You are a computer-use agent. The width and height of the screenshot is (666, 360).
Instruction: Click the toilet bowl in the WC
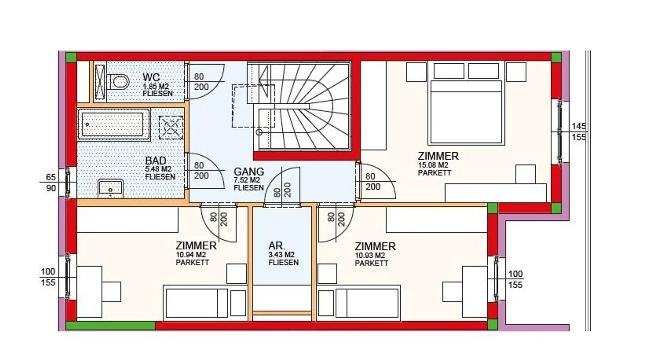[x=119, y=82]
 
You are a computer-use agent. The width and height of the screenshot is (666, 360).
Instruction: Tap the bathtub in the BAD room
[x=114, y=124]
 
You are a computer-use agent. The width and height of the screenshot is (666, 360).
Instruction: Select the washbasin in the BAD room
[x=110, y=188]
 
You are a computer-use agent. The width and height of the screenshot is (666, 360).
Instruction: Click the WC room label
[x=151, y=77]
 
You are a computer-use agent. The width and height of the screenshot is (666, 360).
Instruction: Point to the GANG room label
[x=249, y=172]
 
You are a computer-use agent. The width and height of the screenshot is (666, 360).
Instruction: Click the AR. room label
[x=277, y=246]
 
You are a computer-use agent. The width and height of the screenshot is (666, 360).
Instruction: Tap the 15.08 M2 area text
[x=433, y=165]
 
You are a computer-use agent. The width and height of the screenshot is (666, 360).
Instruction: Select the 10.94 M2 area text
[x=191, y=255]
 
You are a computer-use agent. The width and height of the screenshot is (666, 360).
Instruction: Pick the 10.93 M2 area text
[x=370, y=255]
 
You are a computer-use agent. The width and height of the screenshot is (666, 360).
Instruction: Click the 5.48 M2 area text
[x=158, y=169]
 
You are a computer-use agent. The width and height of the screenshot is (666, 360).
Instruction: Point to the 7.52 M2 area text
[x=247, y=180]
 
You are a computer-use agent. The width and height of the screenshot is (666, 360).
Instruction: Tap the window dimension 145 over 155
[x=578, y=132]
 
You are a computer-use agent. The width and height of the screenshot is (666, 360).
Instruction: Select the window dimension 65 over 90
[x=51, y=183]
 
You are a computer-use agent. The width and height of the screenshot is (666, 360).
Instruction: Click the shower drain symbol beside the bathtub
[x=171, y=127]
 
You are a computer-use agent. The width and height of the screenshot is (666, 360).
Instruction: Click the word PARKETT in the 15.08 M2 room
[x=434, y=173]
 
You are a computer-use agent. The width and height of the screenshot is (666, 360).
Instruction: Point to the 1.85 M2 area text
[x=156, y=86]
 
